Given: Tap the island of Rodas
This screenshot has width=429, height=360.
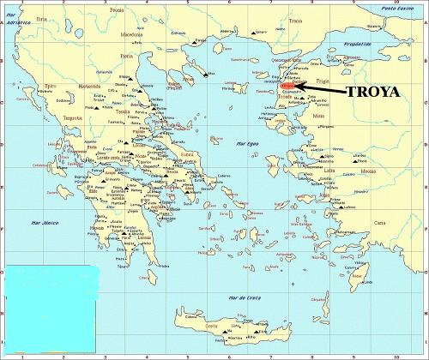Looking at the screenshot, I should point(360,276).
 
